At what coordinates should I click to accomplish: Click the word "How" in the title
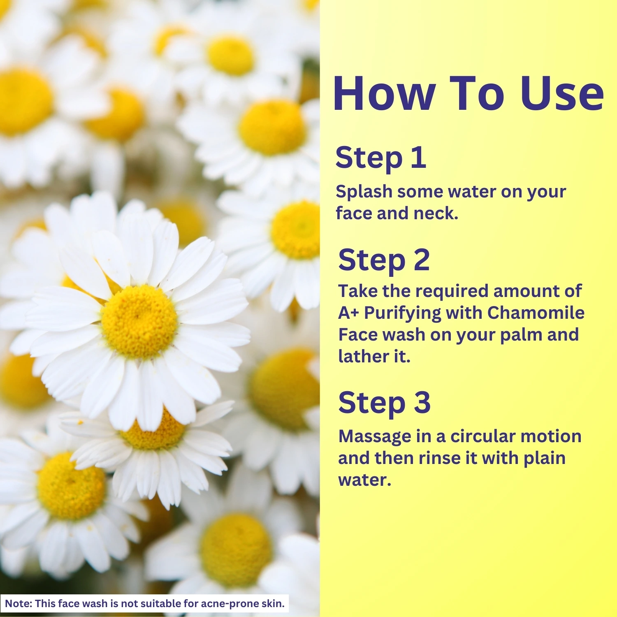pyautogui.click(x=384, y=93)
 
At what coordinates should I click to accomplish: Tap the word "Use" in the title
pyautogui.click(x=562, y=93)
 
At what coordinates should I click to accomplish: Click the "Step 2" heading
pyautogui.click(x=384, y=261)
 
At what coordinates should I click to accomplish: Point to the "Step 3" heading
pyautogui.click(x=384, y=403)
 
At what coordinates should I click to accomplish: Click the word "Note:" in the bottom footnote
pyautogui.click(x=19, y=603)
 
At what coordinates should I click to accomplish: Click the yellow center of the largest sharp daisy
pyautogui.click(x=139, y=322)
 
